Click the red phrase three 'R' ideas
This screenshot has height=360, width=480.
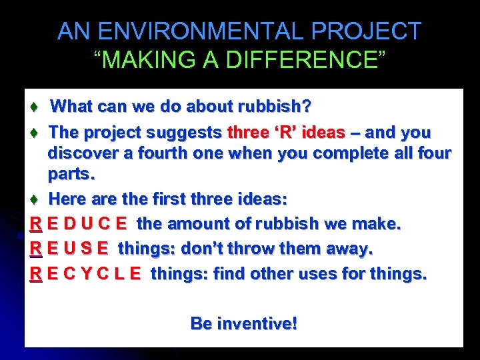(286, 132)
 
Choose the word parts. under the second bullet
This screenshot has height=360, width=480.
(71, 175)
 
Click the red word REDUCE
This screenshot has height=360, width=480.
(79, 224)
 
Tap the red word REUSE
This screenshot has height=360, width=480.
(69, 249)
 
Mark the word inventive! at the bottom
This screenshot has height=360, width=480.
(255, 324)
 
